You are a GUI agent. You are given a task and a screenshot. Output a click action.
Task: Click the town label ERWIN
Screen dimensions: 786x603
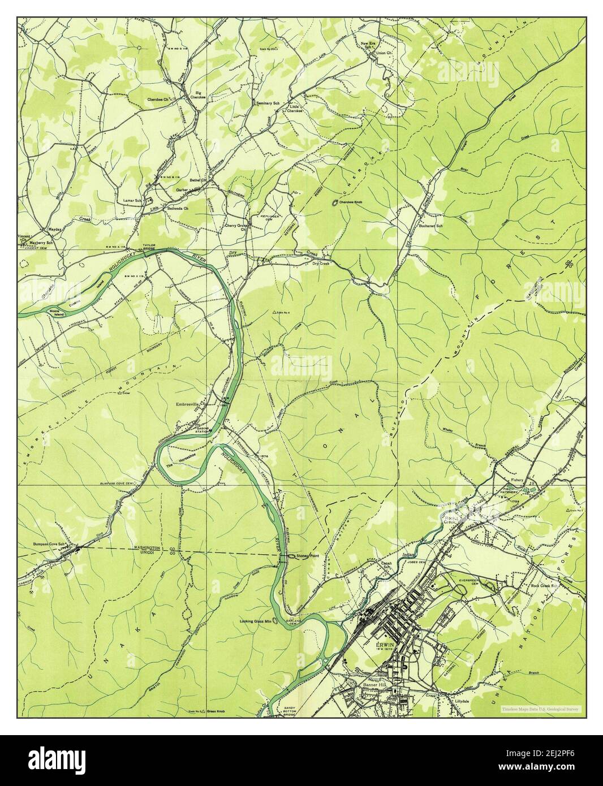pyautogui.click(x=385, y=644)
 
